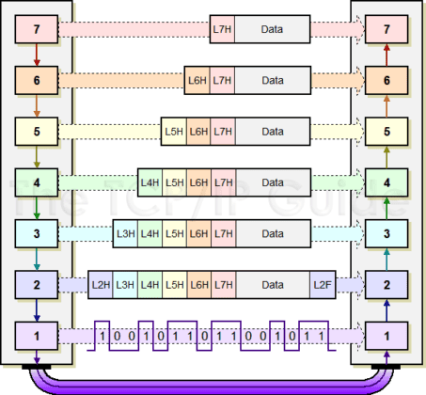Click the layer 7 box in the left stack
(36, 31)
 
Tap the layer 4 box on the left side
(36, 182)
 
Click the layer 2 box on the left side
(36, 283)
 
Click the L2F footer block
(323, 283)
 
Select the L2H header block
(101, 283)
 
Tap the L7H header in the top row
(223, 31)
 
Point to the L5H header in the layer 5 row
(174, 131)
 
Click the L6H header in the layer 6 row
(198, 81)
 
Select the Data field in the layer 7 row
(273, 31)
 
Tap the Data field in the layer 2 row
(273, 283)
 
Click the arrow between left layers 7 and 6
(36, 56)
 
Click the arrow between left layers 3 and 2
(36, 258)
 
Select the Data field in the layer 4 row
(273, 182)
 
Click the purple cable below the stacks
(212, 384)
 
